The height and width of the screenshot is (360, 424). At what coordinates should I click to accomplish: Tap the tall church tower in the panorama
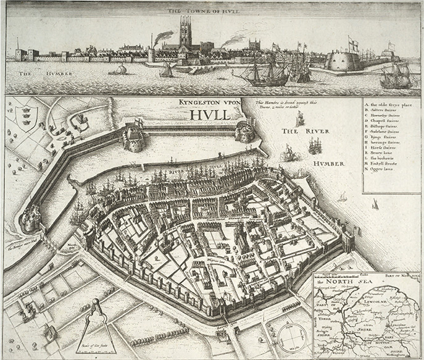point(185,31)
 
